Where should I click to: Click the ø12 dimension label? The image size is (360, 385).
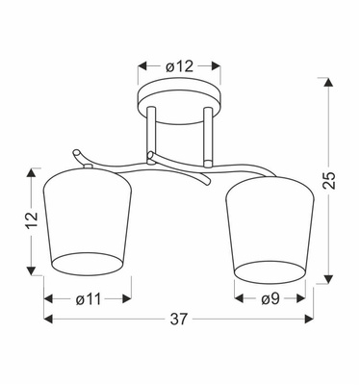pyautogui.click(x=179, y=66)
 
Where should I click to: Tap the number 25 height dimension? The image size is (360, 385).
pyautogui.click(x=329, y=181)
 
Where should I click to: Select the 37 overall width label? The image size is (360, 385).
pyautogui.click(x=178, y=319)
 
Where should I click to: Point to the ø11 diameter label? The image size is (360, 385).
pyautogui.click(x=89, y=299)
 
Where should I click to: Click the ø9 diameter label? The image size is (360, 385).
pyautogui.click(x=270, y=299)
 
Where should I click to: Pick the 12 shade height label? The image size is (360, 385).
pyautogui.click(x=32, y=220)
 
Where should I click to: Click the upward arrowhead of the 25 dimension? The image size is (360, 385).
pyautogui.click(x=328, y=82)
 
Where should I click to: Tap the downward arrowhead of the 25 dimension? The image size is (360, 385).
pyautogui.click(x=328, y=279)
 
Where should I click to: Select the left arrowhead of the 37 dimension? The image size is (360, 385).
pyautogui.click(x=48, y=319)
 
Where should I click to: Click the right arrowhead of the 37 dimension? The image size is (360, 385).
pyautogui.click(x=309, y=319)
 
